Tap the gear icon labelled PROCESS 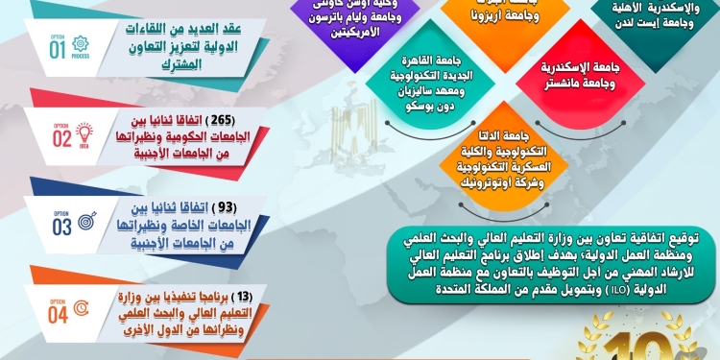point(80,44)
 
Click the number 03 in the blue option point(60,227)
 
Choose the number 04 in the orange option point(59,312)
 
